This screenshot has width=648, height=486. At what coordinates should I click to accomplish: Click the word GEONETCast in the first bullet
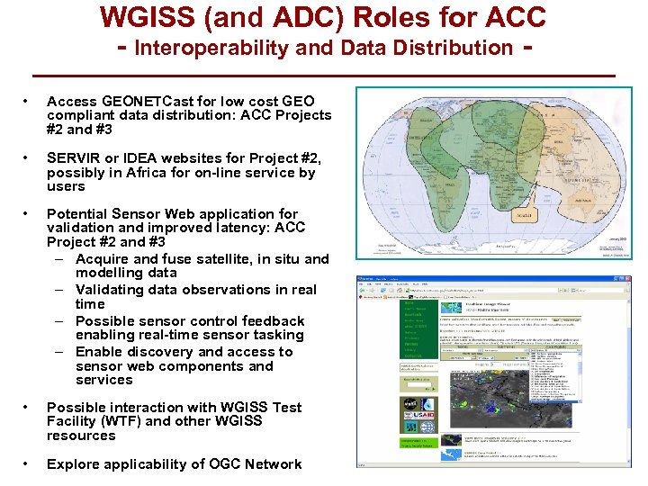tap(138, 101)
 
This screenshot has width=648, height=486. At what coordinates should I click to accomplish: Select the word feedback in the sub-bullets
tap(269, 321)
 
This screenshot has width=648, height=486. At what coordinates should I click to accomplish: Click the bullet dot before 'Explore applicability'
tap(31, 464)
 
